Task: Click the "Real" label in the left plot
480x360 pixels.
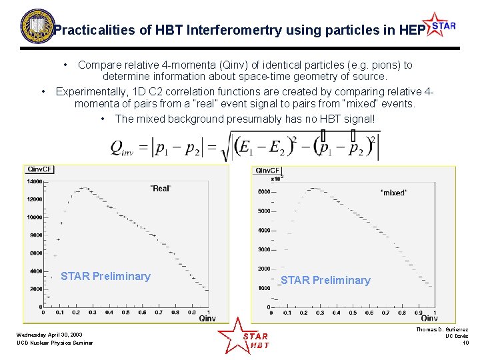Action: pos(160,189)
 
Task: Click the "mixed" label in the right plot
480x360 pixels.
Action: pos(393,193)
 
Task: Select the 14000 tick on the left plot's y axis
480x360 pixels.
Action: pos(34,181)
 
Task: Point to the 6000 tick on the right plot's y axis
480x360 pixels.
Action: pos(264,192)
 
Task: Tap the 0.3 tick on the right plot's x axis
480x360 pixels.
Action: pos(320,313)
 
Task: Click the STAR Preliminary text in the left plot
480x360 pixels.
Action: pos(105,276)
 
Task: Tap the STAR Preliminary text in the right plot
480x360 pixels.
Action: pos(325,280)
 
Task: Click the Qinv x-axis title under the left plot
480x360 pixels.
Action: pos(207,319)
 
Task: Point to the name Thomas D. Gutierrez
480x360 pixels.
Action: pos(441,329)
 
